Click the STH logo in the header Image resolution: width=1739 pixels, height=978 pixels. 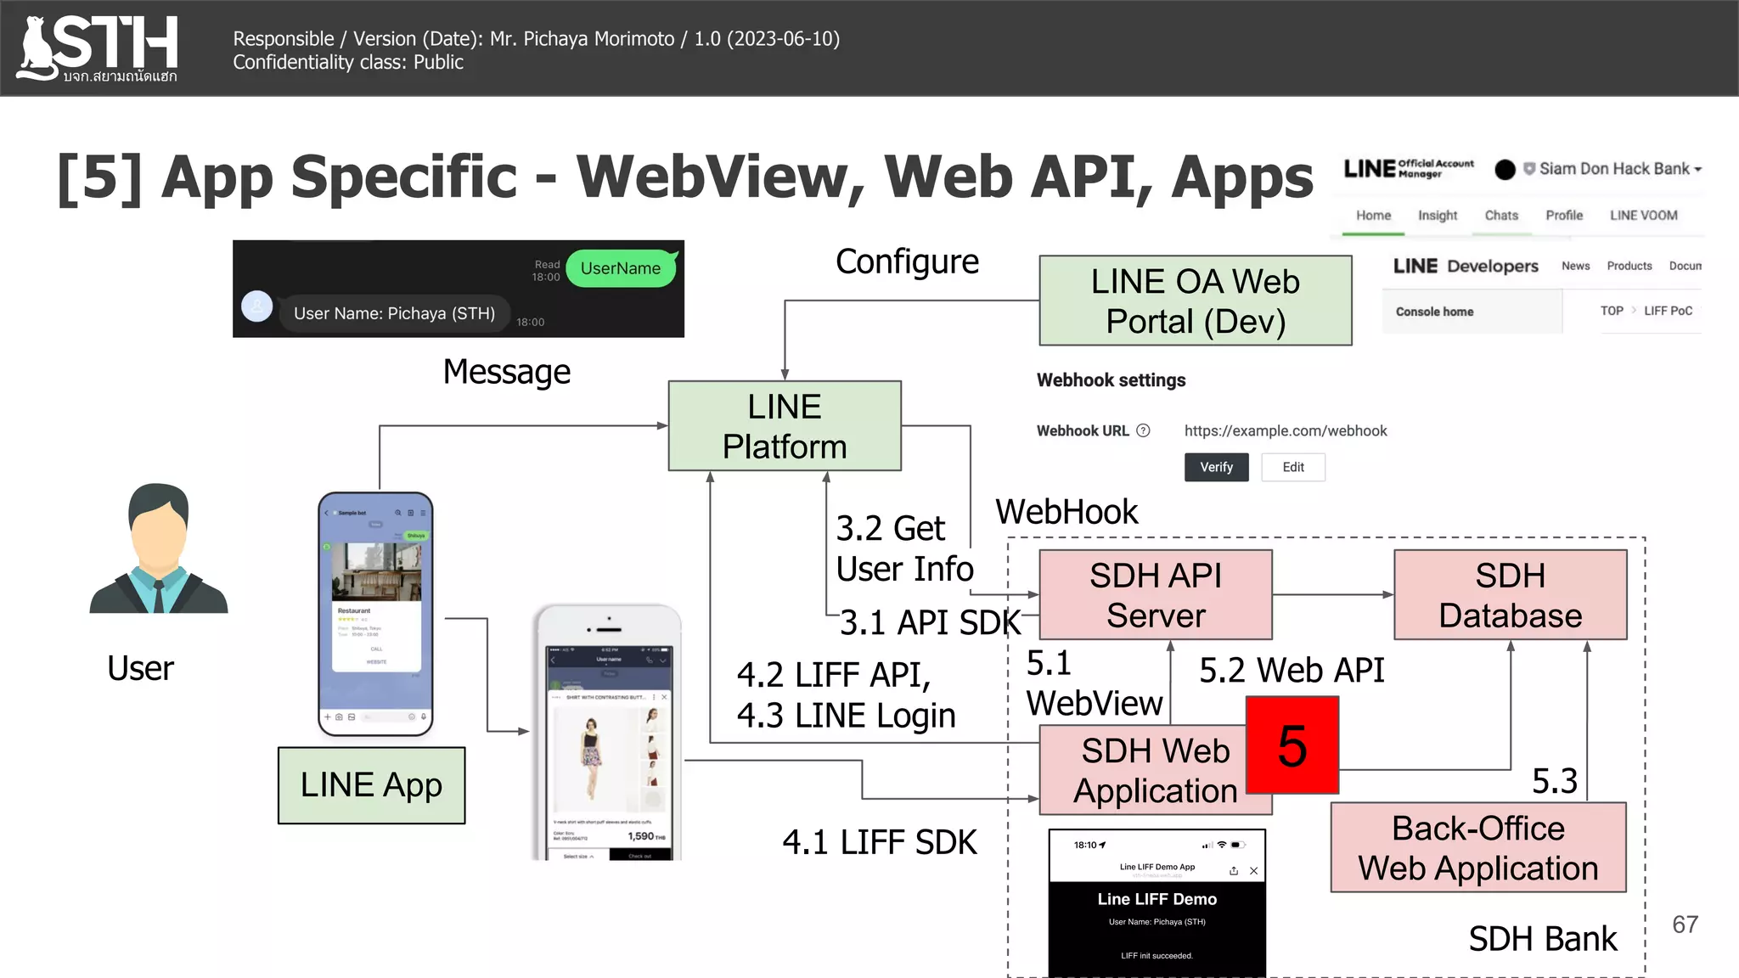click(x=98, y=48)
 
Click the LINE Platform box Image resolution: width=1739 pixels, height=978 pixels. click(x=784, y=426)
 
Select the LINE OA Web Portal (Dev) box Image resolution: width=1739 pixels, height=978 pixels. click(x=1195, y=301)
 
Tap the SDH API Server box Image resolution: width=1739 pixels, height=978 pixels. click(x=1155, y=595)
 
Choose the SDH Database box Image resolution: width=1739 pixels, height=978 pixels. click(x=1510, y=595)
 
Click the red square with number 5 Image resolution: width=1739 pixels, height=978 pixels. click(x=1292, y=745)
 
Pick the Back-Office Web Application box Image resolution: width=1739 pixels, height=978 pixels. click(x=1477, y=847)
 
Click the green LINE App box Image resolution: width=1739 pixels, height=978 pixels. click(x=371, y=785)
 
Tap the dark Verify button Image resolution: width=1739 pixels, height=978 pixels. click(x=1216, y=467)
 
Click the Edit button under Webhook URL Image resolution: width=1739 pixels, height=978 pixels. click(x=1292, y=467)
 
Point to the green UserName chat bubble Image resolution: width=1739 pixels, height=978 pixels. click(x=621, y=268)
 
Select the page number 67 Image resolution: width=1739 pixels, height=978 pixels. click(x=1685, y=925)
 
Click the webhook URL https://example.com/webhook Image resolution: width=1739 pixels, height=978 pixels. click(x=1285, y=431)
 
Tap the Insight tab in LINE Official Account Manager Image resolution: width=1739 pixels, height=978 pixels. click(x=1437, y=216)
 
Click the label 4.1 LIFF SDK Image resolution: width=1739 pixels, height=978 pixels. click(x=879, y=842)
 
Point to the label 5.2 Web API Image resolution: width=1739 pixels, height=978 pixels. click(x=1291, y=671)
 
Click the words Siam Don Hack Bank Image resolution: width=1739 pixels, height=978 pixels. click(x=1613, y=169)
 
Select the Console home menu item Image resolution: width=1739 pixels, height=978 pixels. click(x=1434, y=312)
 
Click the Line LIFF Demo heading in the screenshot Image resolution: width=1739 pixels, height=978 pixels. click(x=1157, y=899)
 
